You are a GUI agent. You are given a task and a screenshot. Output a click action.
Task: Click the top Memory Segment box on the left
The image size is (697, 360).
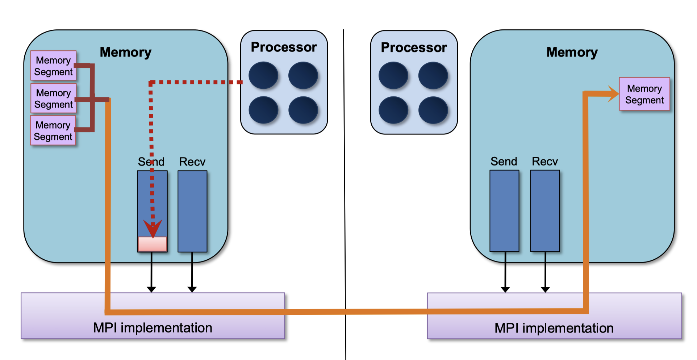(x=53, y=66)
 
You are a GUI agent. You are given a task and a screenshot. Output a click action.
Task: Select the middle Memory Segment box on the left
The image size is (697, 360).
(x=53, y=98)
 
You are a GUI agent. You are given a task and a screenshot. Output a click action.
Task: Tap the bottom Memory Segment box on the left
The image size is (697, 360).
(x=53, y=130)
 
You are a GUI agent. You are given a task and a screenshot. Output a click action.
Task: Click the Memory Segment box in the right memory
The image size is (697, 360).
(x=644, y=94)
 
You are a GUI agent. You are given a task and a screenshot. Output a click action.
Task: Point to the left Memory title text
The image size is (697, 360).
(x=125, y=52)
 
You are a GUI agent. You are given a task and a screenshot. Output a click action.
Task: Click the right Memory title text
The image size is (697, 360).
(x=572, y=52)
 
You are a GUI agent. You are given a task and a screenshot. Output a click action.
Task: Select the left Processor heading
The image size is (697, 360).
(x=284, y=47)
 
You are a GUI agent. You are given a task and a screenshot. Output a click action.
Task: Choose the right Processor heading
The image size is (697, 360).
(x=414, y=47)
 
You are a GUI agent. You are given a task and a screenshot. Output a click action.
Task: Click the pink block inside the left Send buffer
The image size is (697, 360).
(x=152, y=244)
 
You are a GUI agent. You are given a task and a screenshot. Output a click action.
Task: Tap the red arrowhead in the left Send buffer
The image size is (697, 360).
(x=153, y=228)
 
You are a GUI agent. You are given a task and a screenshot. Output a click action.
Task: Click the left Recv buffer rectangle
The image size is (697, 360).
(x=192, y=211)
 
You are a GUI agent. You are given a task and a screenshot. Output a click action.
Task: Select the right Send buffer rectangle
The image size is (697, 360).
(x=504, y=211)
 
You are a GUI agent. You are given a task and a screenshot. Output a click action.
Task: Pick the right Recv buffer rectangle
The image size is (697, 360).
(x=545, y=211)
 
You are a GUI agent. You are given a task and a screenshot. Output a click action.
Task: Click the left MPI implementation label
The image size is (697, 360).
(x=153, y=328)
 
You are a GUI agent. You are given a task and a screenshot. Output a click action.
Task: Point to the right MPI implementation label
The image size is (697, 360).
(x=554, y=328)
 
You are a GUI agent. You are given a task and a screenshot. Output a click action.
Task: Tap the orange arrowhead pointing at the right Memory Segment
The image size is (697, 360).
(x=613, y=94)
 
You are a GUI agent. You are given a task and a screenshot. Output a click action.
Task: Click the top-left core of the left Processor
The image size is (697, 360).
(x=263, y=75)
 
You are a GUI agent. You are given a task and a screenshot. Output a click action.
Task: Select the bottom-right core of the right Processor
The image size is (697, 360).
(x=433, y=110)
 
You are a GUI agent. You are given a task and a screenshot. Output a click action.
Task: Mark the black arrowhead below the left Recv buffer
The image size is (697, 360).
(x=192, y=289)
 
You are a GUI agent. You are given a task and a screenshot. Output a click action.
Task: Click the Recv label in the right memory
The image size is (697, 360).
(x=544, y=162)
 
